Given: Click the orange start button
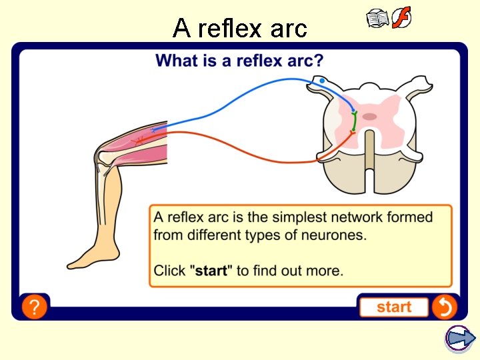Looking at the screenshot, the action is click(394, 307).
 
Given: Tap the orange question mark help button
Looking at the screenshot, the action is click(34, 307).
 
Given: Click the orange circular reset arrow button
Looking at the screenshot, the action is click(444, 307).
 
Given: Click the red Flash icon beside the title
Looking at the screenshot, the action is click(401, 18).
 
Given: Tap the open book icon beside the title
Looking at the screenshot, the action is click(377, 19).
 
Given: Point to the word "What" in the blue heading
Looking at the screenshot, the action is click(175, 61).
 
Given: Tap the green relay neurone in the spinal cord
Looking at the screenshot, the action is click(354, 122).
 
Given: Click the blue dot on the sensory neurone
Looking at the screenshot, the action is click(323, 81).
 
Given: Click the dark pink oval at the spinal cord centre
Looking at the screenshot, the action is click(369, 117).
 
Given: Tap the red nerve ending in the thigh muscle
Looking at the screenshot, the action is click(139, 140).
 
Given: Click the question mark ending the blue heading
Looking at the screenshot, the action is click(319, 61).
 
